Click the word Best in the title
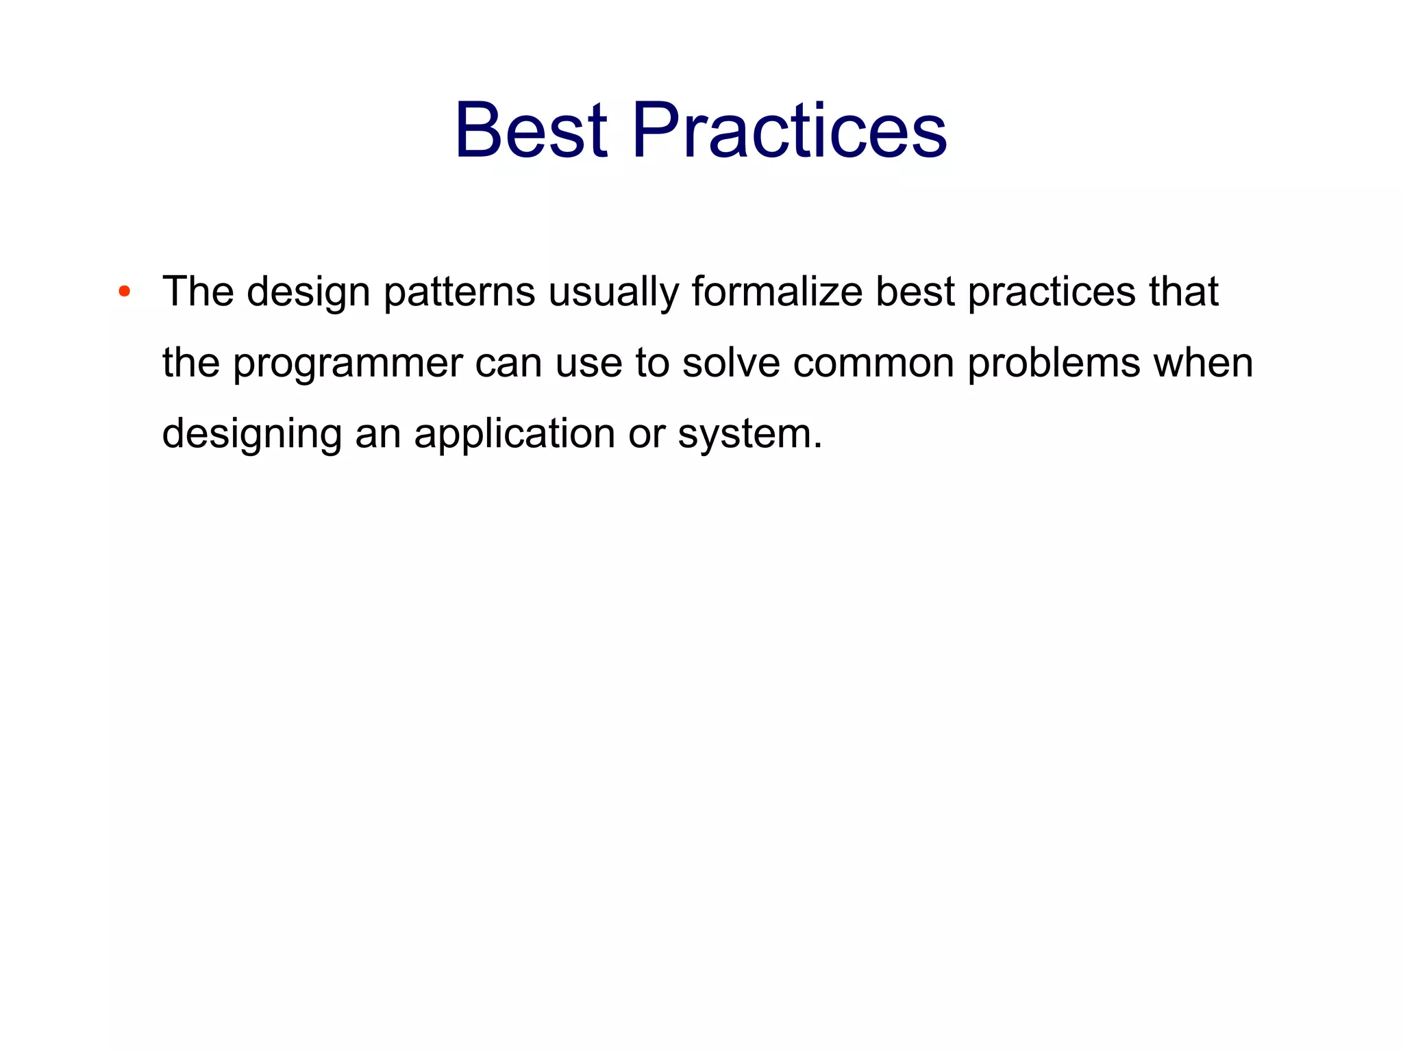coord(531,130)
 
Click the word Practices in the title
coord(789,130)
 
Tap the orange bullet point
coord(124,292)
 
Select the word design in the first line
coord(308,292)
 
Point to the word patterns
coord(459,292)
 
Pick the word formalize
coord(777,291)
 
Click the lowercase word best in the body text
coord(915,291)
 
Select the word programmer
coord(348,364)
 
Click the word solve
coord(731,362)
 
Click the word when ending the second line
coord(1204,362)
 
